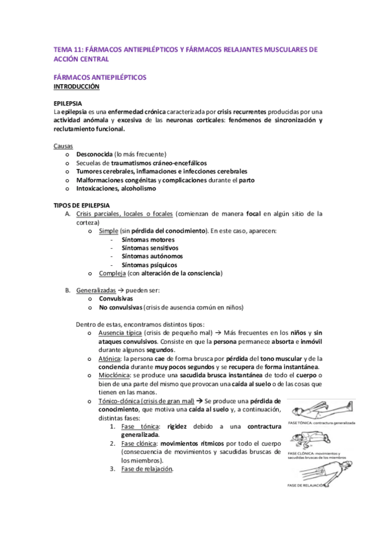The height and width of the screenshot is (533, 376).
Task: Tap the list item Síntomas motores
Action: [148, 239]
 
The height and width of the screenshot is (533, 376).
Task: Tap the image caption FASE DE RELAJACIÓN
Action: [308, 485]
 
